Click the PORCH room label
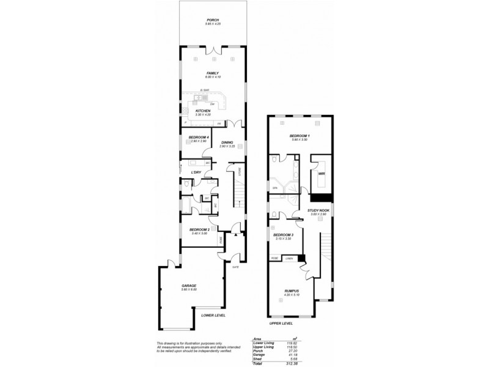pyautogui.click(x=212, y=20)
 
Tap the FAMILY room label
pyautogui.click(x=212, y=73)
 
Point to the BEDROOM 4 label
pyautogui.click(x=199, y=137)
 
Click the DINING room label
pyautogui.click(x=227, y=143)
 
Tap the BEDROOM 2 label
pyautogui.click(x=199, y=230)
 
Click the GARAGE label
pyautogui.click(x=188, y=286)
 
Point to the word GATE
pyautogui.click(x=235, y=267)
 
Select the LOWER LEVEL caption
pyautogui.click(x=213, y=315)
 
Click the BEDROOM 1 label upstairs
pyautogui.click(x=300, y=135)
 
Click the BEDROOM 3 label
pyautogui.click(x=283, y=235)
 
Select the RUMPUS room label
pyautogui.click(x=291, y=292)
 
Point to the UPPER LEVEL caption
pyautogui.click(x=282, y=322)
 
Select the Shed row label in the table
pyautogui.click(x=257, y=358)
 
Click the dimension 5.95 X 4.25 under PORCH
pyautogui.click(x=212, y=24)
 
